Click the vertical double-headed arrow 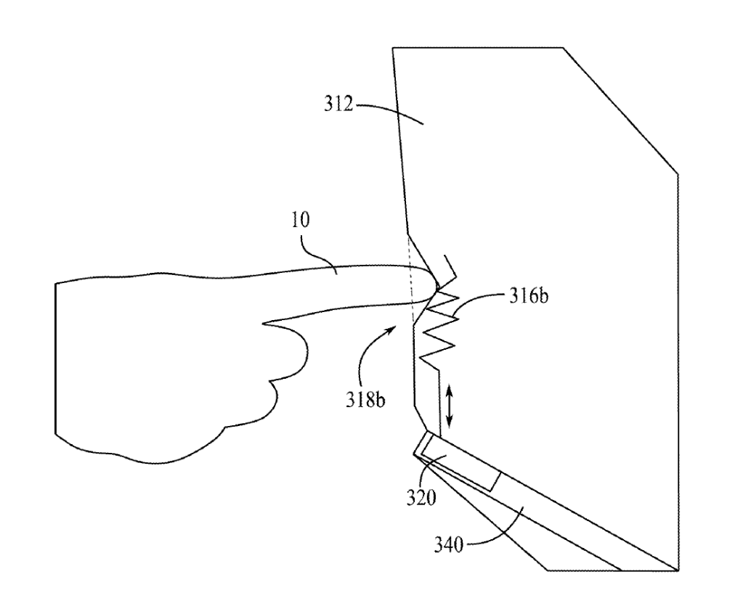[450, 406]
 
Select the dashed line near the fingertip [412, 279]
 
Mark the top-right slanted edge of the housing [621, 110]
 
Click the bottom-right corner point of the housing [678, 570]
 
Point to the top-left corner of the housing [393, 48]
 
